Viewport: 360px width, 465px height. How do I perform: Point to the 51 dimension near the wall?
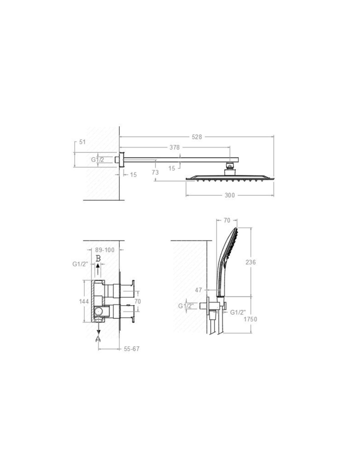(x=82, y=142)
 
